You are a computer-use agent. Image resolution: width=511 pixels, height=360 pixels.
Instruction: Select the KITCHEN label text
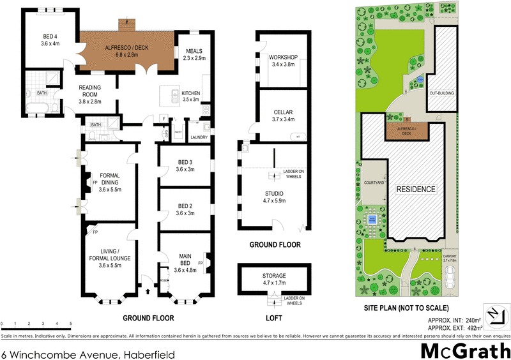(x=191, y=96)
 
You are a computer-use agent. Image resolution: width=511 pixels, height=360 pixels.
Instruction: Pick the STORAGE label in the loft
(x=274, y=279)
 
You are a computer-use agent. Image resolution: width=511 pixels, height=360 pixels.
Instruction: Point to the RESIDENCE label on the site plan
(x=416, y=190)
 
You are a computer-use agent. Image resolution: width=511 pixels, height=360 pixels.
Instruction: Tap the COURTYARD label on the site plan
(x=374, y=182)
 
